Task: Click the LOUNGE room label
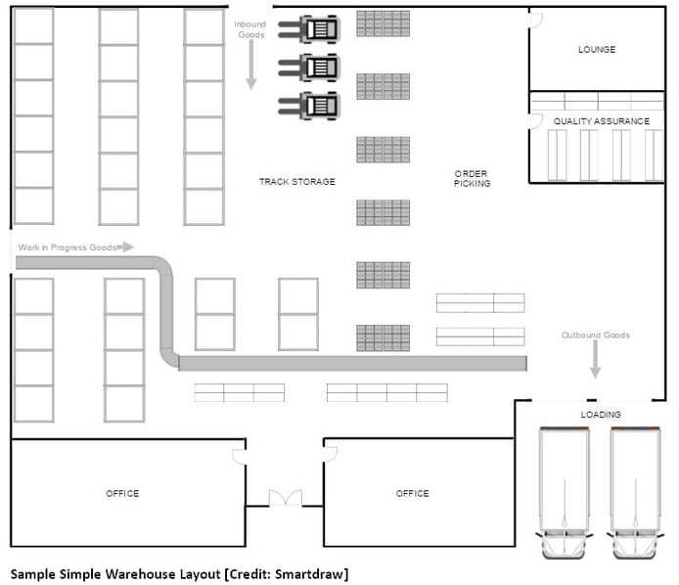coord(597,49)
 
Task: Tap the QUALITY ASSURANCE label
coord(602,121)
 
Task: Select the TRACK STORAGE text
coord(297,182)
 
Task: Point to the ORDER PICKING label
coord(472,178)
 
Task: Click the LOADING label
coord(601,415)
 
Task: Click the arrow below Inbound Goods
coord(251,65)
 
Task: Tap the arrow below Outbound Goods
coord(596,359)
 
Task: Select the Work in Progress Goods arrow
coord(125,247)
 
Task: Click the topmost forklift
coord(309,29)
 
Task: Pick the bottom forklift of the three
coord(309,106)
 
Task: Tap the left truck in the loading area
coord(565,492)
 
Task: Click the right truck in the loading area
coord(635,492)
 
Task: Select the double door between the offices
coord(286,498)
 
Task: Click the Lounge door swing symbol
coord(535,21)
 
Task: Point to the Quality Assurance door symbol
coord(535,121)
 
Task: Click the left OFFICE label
coord(122,494)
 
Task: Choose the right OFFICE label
coord(412,494)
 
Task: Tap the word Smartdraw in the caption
coord(309,574)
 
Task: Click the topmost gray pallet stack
coord(384,23)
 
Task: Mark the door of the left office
coord(240,457)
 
